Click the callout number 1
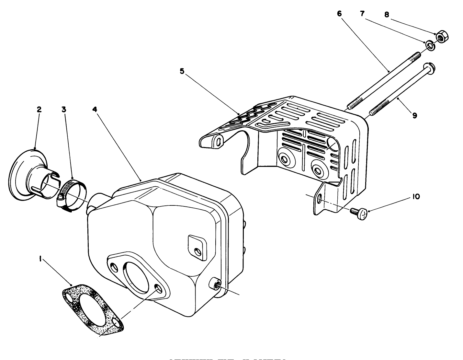(x=40, y=258)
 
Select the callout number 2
(x=39, y=109)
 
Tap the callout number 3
(x=64, y=109)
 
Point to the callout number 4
(x=95, y=109)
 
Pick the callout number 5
(x=182, y=71)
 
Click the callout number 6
(x=339, y=14)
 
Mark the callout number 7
(x=362, y=14)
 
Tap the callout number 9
(x=415, y=115)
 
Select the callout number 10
(x=416, y=196)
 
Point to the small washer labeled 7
(x=430, y=46)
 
